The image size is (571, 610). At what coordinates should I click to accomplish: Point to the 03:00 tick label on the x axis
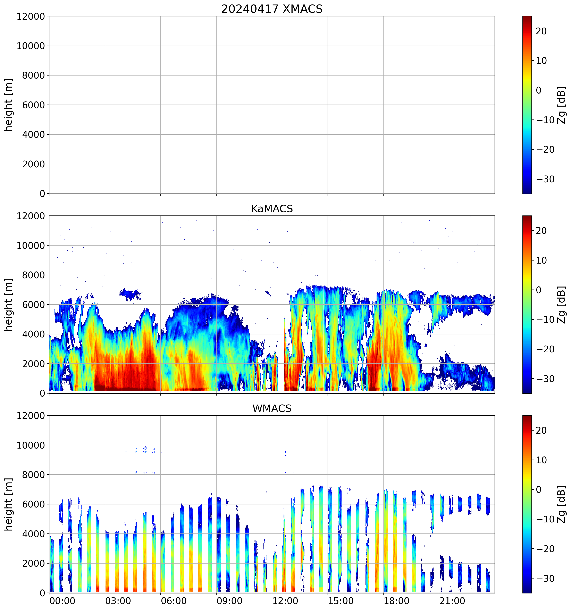click(118, 601)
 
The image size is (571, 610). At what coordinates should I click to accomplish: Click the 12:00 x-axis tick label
click(285, 601)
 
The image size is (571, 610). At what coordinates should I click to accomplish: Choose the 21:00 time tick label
click(452, 601)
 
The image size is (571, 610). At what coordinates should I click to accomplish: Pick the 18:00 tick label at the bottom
click(396, 601)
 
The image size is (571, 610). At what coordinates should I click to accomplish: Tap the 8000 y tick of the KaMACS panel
click(33, 275)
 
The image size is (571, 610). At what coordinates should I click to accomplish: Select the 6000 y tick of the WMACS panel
click(33, 504)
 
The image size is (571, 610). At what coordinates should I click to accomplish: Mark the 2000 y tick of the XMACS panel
click(33, 164)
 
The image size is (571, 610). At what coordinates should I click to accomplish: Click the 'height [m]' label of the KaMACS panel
click(9, 304)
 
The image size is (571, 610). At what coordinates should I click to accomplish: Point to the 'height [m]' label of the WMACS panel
click(9, 504)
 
